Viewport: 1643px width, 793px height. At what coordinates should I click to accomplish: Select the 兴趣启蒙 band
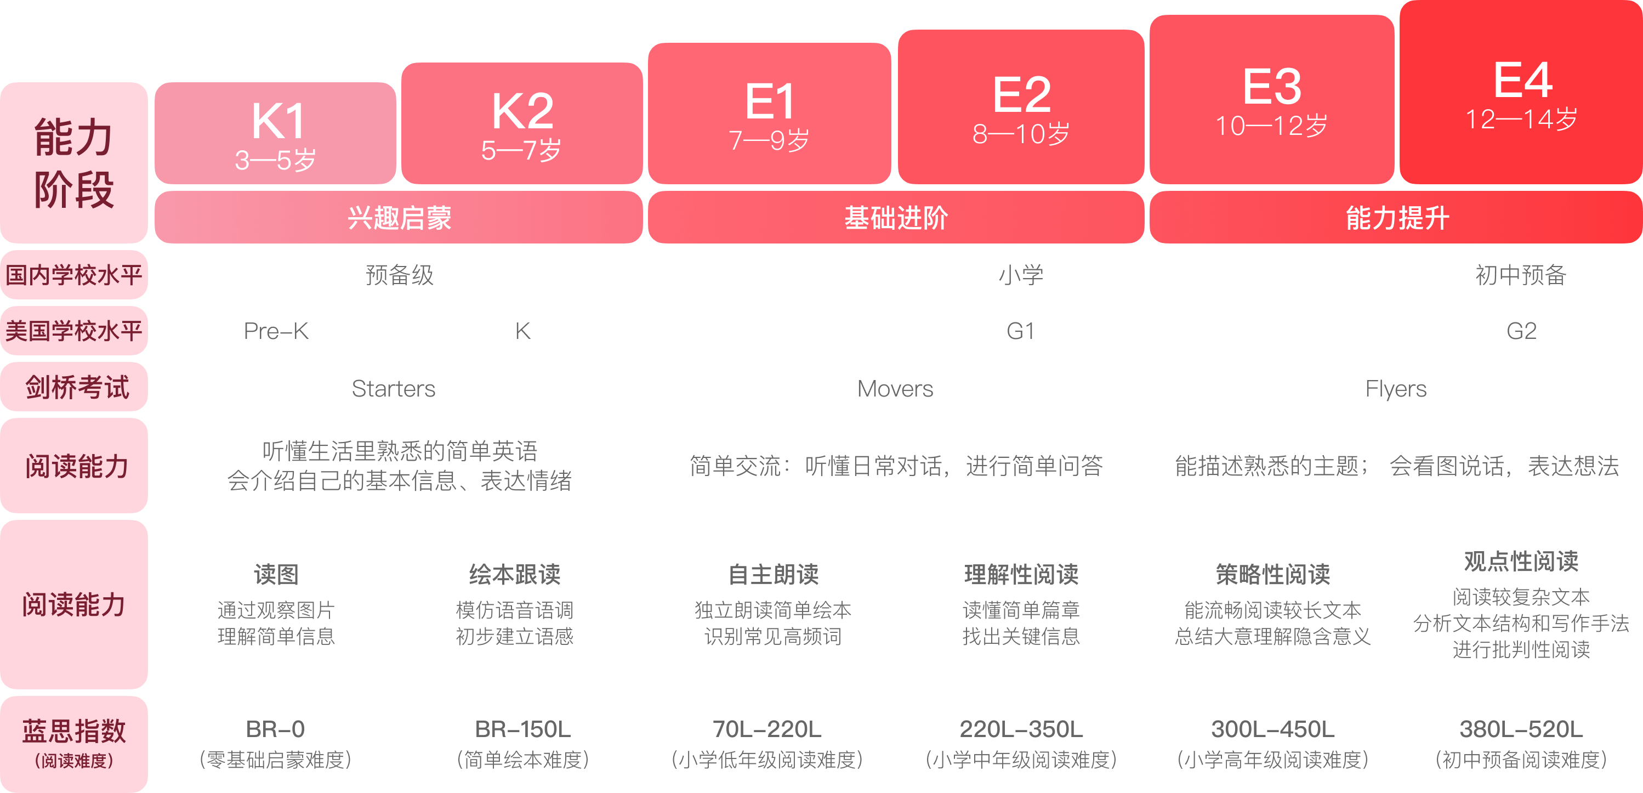click(399, 218)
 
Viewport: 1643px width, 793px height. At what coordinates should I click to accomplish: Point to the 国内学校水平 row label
click(73, 275)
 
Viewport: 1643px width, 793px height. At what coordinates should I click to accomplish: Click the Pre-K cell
click(276, 331)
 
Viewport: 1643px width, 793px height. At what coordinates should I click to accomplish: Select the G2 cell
click(1521, 331)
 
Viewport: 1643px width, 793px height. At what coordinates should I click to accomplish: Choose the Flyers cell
click(1396, 388)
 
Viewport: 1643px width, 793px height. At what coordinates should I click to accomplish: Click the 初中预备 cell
click(1521, 275)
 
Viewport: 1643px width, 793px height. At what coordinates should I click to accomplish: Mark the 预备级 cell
click(399, 275)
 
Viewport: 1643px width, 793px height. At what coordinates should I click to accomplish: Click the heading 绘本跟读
click(515, 574)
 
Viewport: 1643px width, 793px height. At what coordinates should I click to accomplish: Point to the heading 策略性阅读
click(1272, 574)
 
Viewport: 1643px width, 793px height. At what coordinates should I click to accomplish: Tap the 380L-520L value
click(1521, 729)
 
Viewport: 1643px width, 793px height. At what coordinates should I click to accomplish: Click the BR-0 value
click(276, 729)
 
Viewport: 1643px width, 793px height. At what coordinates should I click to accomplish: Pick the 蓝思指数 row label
click(73, 731)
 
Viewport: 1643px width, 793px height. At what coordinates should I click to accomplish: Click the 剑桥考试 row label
click(77, 387)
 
